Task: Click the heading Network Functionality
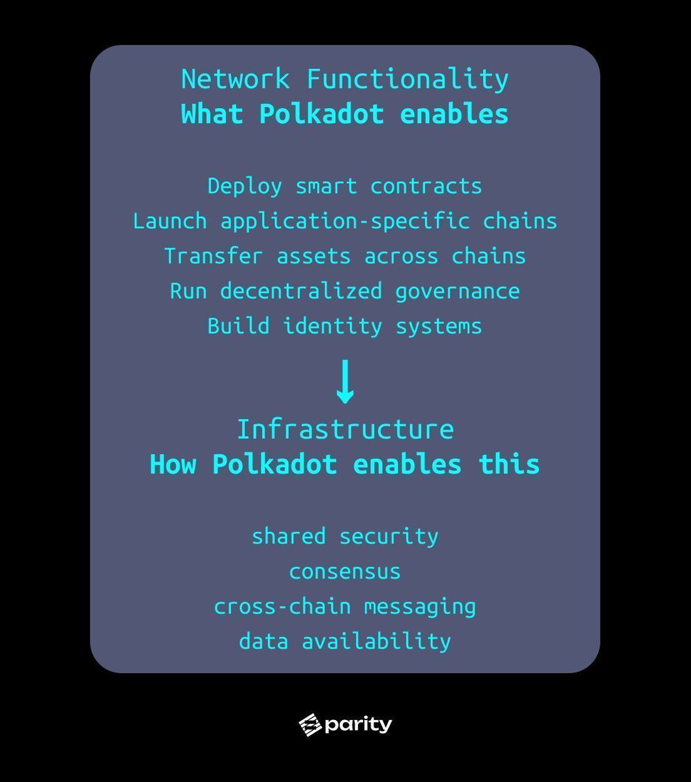345,80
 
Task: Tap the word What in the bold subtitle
212,115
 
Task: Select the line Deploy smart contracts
345,186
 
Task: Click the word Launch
169,221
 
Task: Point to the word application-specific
345,222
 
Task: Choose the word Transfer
214,256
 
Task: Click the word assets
314,257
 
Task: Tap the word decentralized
301,291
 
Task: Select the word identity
332,326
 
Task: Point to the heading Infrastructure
345,430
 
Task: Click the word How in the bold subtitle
173,465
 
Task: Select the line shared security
345,537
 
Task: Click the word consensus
345,572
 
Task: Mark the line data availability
345,642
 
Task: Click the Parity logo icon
310,725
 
